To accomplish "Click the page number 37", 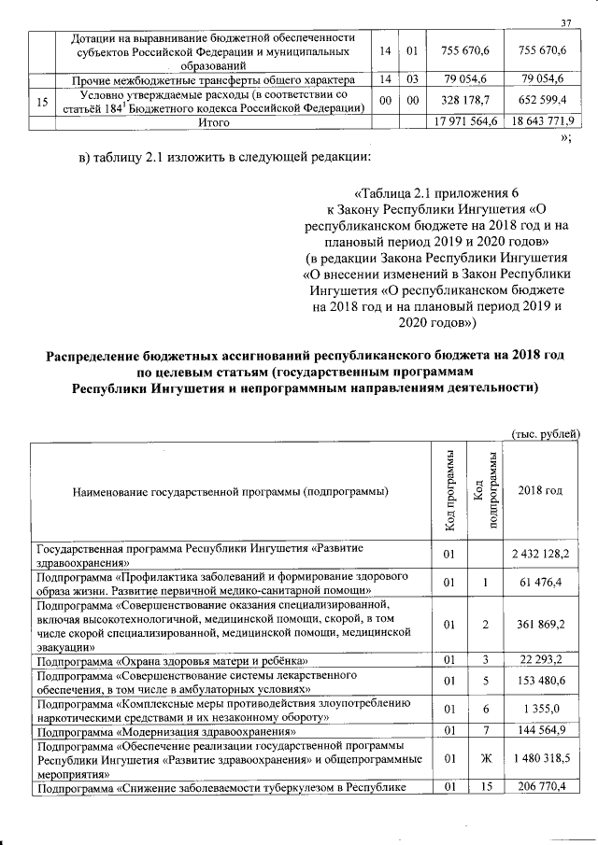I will (x=565, y=23).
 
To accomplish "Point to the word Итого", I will (x=214, y=121).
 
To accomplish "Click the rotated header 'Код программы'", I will (x=450, y=491).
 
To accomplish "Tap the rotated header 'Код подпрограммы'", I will (x=487, y=491).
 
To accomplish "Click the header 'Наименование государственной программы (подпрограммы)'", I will (x=228, y=491).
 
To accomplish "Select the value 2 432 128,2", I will (x=540, y=555).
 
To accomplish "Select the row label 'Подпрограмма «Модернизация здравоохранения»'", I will (x=165, y=730).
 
